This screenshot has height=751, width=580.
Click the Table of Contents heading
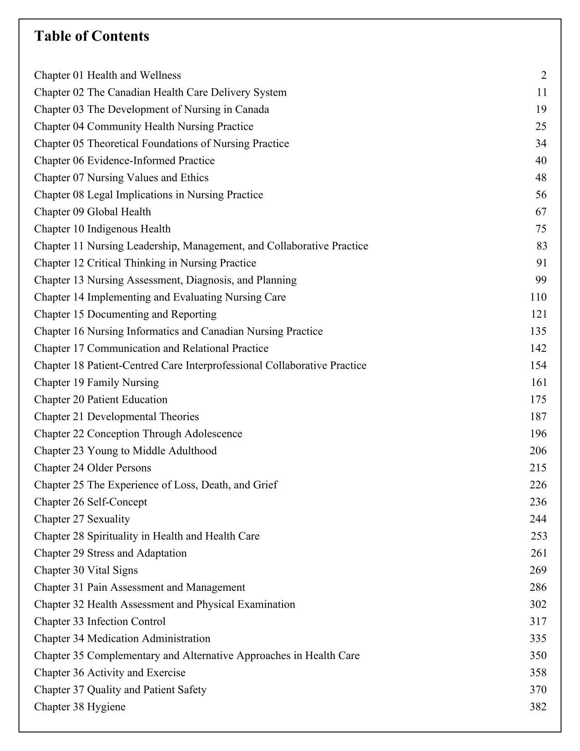[x=91, y=36]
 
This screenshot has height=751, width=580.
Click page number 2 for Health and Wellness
[x=544, y=75]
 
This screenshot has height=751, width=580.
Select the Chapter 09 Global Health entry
[x=92, y=212]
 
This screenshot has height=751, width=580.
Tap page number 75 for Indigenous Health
[x=541, y=229]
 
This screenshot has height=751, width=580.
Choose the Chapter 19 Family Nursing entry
[x=96, y=382]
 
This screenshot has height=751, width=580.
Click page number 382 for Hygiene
[x=538, y=707]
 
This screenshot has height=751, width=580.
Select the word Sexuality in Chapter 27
[x=108, y=519]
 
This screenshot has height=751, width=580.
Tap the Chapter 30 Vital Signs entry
[x=86, y=570]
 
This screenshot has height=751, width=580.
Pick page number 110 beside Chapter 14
[x=538, y=297]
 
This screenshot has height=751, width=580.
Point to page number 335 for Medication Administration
[x=538, y=639]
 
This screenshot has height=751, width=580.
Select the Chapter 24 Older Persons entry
[x=92, y=468]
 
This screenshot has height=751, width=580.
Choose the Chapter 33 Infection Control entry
[x=100, y=621]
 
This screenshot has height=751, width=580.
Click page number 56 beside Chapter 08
[x=541, y=195]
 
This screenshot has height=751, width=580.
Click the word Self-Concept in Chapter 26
[x=117, y=502]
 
